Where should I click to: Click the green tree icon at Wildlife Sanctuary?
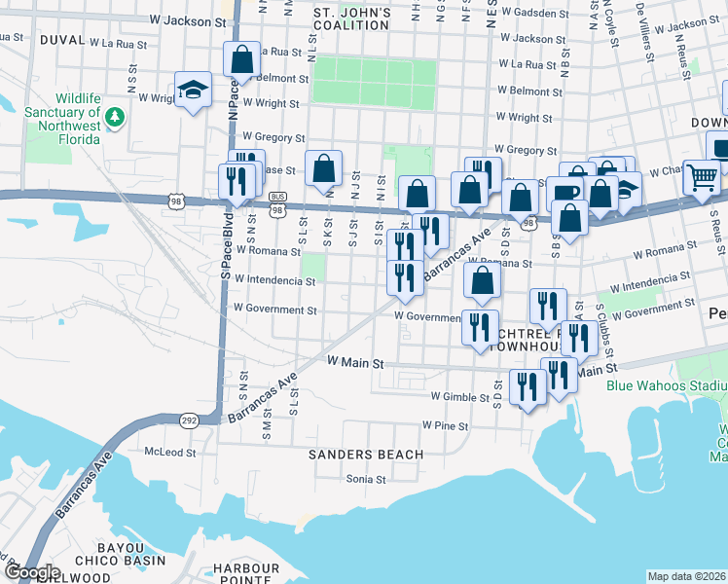(116, 117)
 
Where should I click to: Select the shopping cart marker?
(702, 177)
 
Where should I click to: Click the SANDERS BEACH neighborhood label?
(366, 455)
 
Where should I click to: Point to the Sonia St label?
(366, 479)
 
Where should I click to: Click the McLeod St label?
(170, 453)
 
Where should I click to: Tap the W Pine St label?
(446, 426)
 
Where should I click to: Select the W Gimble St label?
(460, 397)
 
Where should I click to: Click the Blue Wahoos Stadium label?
(666, 386)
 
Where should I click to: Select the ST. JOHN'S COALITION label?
(352, 19)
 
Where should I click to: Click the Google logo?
(32, 572)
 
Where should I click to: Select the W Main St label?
(356, 362)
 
